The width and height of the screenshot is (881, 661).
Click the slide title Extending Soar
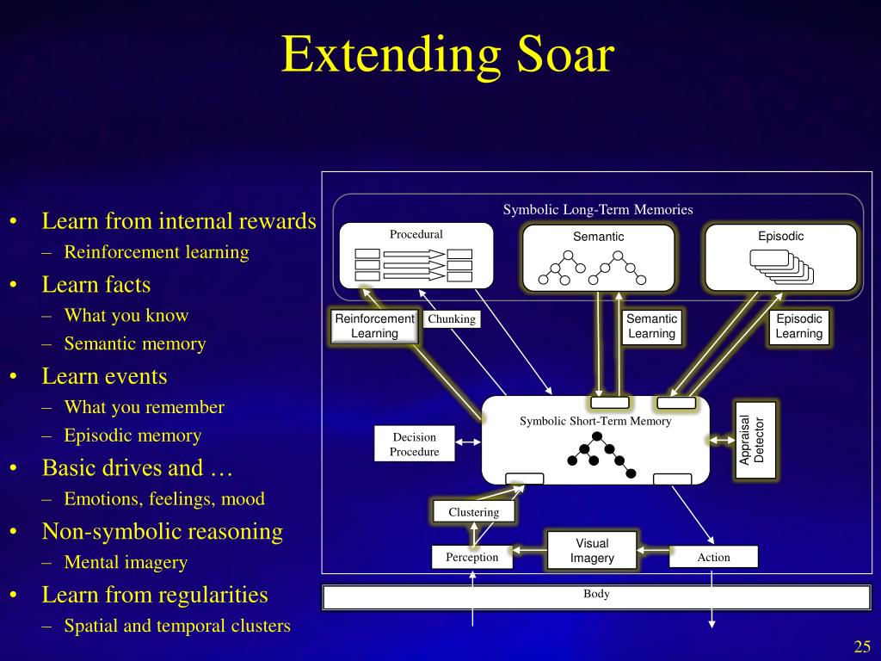tap(447, 55)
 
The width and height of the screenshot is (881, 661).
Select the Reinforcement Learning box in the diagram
tap(374, 326)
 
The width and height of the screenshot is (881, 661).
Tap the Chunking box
tap(452, 319)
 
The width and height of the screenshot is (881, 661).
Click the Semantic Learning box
tap(651, 326)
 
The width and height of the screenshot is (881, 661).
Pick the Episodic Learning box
tap(798, 326)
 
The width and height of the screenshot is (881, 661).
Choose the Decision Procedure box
tap(414, 444)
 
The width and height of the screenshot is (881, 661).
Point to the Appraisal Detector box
tap(755, 440)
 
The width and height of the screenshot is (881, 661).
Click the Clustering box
tap(473, 512)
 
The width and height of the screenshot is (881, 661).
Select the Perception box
tap(471, 558)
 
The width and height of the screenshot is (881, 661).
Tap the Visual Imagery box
tap(592, 551)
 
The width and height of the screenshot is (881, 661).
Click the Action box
tap(713, 558)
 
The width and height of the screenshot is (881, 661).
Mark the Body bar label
tap(596, 594)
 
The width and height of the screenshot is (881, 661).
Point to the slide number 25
tap(862, 647)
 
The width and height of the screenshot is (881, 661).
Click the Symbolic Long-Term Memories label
tap(598, 209)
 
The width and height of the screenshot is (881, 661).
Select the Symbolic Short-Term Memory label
tap(595, 421)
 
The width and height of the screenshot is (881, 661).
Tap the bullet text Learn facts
tap(96, 285)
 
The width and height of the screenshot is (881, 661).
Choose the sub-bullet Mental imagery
tap(126, 563)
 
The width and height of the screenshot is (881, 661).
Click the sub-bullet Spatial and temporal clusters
tap(177, 627)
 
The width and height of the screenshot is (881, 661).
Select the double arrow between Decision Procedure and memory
tap(468, 442)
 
